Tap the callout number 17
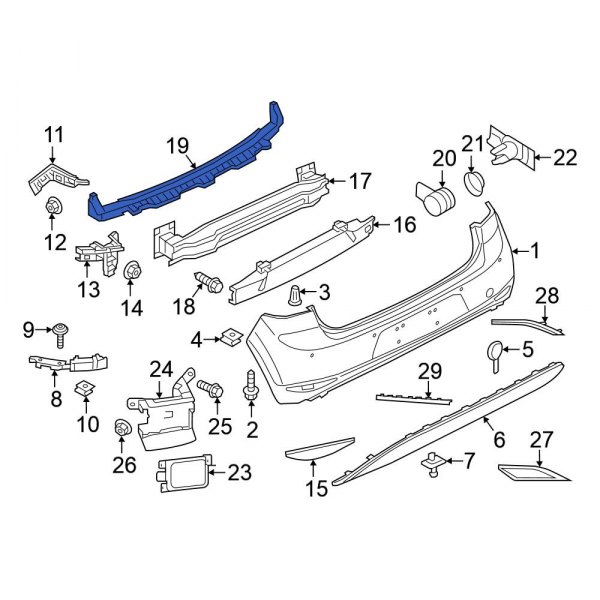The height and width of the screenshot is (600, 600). click(359, 181)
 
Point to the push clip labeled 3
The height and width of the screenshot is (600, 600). click(295, 294)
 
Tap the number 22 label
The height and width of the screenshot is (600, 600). click(565, 156)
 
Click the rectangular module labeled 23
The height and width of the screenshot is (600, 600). click(179, 471)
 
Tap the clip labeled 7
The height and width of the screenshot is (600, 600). click(432, 461)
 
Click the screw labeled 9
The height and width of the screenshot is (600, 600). click(64, 329)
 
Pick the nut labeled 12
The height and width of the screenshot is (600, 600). click(54, 207)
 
